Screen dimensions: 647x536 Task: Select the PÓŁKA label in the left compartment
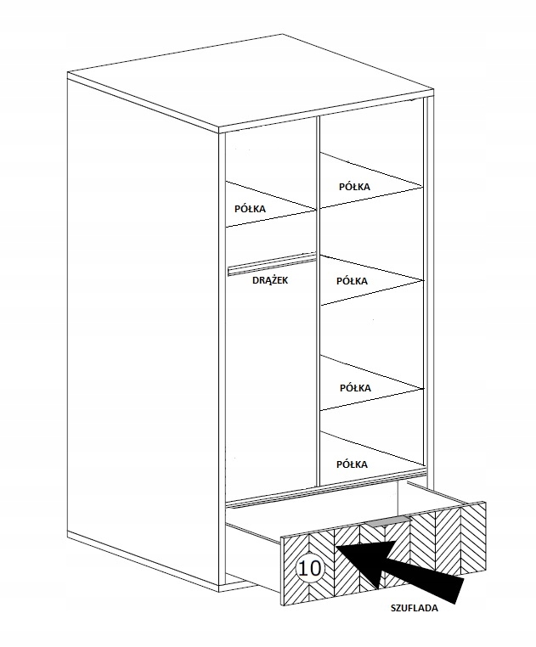(x=250, y=208)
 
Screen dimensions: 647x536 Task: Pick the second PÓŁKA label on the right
(x=352, y=280)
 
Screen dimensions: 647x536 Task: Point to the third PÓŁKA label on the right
(x=355, y=387)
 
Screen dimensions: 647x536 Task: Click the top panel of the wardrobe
(x=246, y=85)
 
